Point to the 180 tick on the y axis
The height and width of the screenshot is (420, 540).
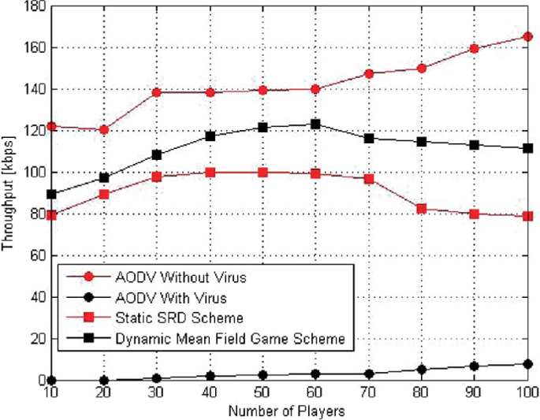pyautogui.click(x=35, y=6)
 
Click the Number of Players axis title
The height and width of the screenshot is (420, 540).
pyautogui.click(x=289, y=410)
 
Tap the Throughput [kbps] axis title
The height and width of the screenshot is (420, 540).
pyautogui.click(x=9, y=194)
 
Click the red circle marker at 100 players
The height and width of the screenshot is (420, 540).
pyautogui.click(x=527, y=36)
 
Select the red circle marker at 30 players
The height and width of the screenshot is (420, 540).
pyautogui.click(x=156, y=92)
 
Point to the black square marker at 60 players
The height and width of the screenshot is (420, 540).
pyautogui.click(x=315, y=124)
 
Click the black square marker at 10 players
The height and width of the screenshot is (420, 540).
pyautogui.click(x=50, y=194)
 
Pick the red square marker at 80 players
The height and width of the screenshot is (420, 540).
pyautogui.click(x=422, y=209)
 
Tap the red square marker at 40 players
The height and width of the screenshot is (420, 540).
pyautogui.click(x=210, y=172)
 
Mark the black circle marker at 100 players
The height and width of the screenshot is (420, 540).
pyautogui.click(x=527, y=363)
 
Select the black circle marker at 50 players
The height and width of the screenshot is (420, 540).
pyautogui.click(x=262, y=375)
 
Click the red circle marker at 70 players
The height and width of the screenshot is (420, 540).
pyautogui.click(x=368, y=73)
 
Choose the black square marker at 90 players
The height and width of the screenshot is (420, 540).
pyautogui.click(x=475, y=145)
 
